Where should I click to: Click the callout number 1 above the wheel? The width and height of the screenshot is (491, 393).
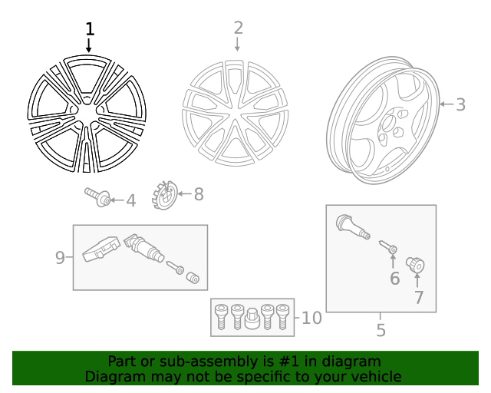90,29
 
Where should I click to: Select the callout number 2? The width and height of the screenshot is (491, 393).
238,28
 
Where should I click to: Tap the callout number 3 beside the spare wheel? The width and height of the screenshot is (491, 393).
460,104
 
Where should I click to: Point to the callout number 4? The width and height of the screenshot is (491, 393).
130,201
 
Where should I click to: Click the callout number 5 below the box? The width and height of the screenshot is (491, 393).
381,331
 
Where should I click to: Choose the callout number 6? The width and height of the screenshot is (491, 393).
394,278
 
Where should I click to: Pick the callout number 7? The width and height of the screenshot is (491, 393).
419,297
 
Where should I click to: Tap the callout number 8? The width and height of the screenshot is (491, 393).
199,194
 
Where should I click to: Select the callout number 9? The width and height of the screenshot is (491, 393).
61,258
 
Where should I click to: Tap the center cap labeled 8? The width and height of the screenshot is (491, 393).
165,194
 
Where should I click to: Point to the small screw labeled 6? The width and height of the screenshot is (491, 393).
387,246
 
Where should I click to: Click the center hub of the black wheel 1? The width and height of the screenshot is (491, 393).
87,113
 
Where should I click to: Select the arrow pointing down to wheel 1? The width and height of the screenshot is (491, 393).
90,46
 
